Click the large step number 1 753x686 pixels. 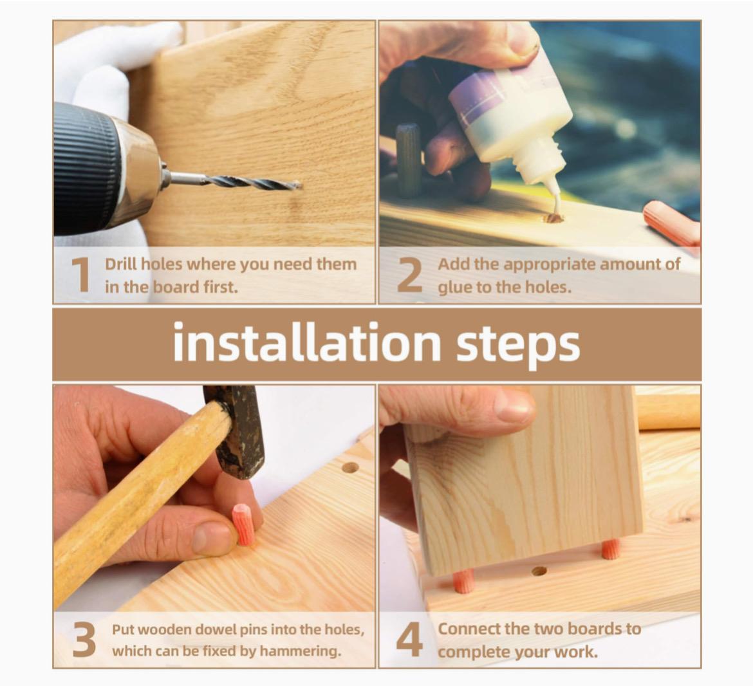(x=82, y=275)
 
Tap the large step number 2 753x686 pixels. (x=409, y=275)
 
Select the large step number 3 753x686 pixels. (x=84, y=640)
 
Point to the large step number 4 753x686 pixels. (x=409, y=640)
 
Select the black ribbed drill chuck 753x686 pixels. (x=86, y=168)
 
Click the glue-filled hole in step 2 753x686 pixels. (x=553, y=218)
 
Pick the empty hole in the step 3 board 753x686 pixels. (x=350, y=467)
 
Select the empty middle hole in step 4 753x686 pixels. (x=539, y=571)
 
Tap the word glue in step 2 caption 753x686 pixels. (x=451, y=287)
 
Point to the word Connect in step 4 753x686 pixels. (x=468, y=629)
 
